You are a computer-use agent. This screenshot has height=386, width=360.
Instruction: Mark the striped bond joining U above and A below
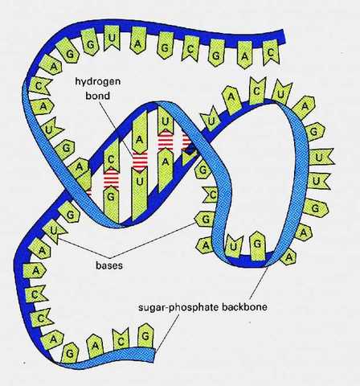coord(166,141)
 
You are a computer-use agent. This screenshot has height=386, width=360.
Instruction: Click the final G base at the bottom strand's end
coord(145,331)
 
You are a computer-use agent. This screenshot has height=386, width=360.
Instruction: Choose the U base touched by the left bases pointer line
coord(53,233)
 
